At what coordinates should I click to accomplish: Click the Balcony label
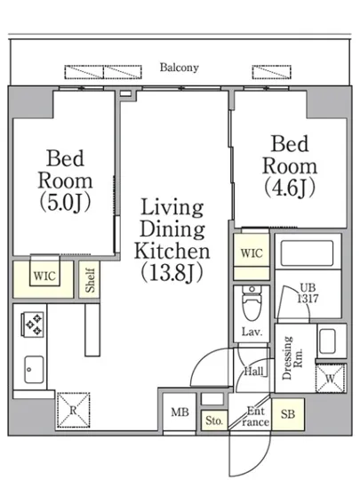[180, 68]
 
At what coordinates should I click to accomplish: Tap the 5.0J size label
[65, 202]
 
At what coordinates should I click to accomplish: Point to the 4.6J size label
[290, 188]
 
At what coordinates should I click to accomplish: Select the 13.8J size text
[172, 272]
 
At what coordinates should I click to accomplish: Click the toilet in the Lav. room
[252, 303]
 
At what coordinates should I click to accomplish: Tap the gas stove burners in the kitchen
[33, 325]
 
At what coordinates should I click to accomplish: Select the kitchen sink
[34, 369]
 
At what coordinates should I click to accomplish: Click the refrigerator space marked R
[73, 410]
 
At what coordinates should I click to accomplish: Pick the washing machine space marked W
[331, 378]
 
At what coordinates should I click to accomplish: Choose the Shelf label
[90, 280]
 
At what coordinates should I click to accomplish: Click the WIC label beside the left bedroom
[44, 276]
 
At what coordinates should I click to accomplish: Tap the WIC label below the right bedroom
[252, 253]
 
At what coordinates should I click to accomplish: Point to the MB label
[180, 413]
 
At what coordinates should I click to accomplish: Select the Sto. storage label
[214, 421]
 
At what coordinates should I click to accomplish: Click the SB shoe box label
[287, 414]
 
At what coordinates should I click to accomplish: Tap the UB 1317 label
[308, 293]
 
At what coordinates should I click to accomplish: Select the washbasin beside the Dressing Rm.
[327, 341]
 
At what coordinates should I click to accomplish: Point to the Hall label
[253, 371]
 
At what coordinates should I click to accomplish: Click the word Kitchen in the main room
[172, 251]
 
